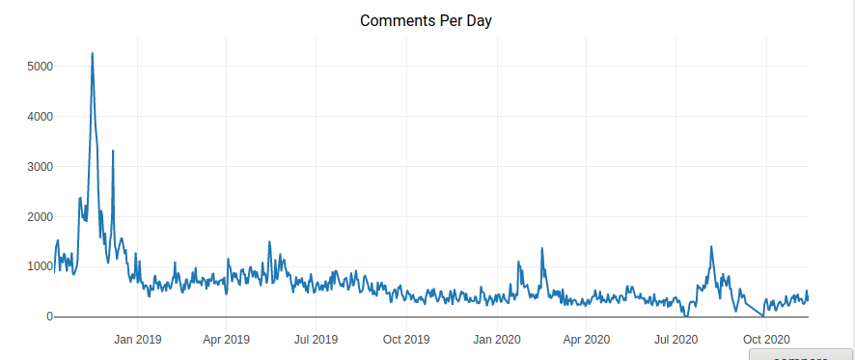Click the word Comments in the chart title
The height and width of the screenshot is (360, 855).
point(395,20)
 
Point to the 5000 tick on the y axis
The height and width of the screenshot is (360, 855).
point(40,67)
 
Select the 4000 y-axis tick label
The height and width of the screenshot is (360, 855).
point(40,117)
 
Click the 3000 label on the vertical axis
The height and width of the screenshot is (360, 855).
point(40,167)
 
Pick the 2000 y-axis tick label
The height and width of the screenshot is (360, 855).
point(40,217)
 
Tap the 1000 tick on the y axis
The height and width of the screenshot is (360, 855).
point(40,267)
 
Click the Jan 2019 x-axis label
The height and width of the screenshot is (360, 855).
point(137,340)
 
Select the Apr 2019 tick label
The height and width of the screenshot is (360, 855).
point(226,340)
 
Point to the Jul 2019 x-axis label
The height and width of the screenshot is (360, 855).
point(316,340)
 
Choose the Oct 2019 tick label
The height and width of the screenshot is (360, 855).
point(406,340)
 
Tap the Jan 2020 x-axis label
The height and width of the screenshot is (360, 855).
point(496,340)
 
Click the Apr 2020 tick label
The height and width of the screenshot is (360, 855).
point(586,340)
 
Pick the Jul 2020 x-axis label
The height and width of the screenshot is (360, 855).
point(676,340)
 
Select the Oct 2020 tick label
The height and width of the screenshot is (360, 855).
point(765,340)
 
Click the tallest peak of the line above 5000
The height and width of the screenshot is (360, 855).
point(92,54)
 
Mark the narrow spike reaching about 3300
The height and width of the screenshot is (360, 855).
point(113,152)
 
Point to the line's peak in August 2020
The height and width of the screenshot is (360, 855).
point(711,247)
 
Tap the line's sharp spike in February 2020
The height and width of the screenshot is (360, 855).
point(542,249)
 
